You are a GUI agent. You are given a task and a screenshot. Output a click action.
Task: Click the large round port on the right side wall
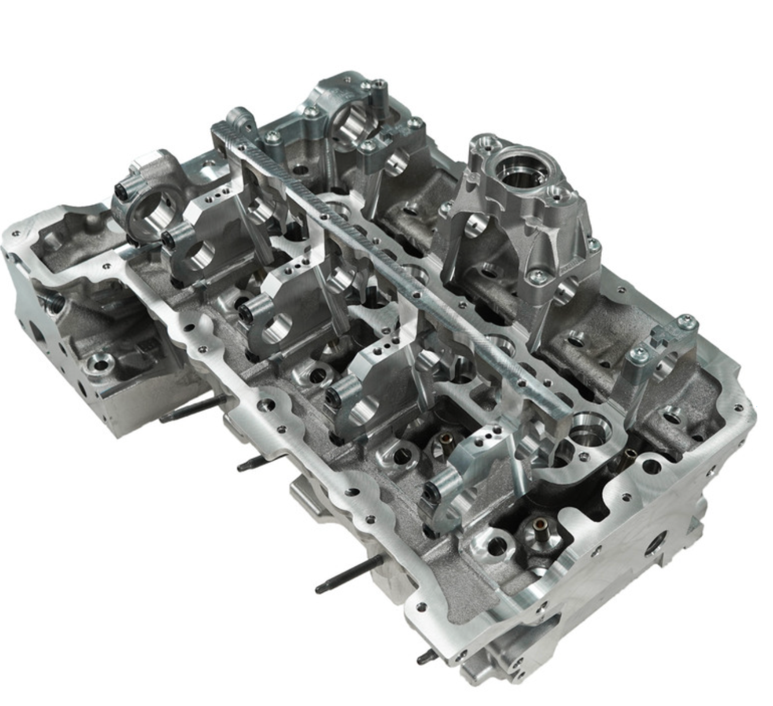(x=654, y=545)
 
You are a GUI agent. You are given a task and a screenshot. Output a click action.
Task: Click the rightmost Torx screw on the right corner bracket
(x=687, y=322)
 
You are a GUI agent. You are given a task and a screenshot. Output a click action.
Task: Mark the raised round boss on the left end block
(x=101, y=364)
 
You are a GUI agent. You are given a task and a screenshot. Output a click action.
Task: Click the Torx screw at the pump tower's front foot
(x=537, y=276)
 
